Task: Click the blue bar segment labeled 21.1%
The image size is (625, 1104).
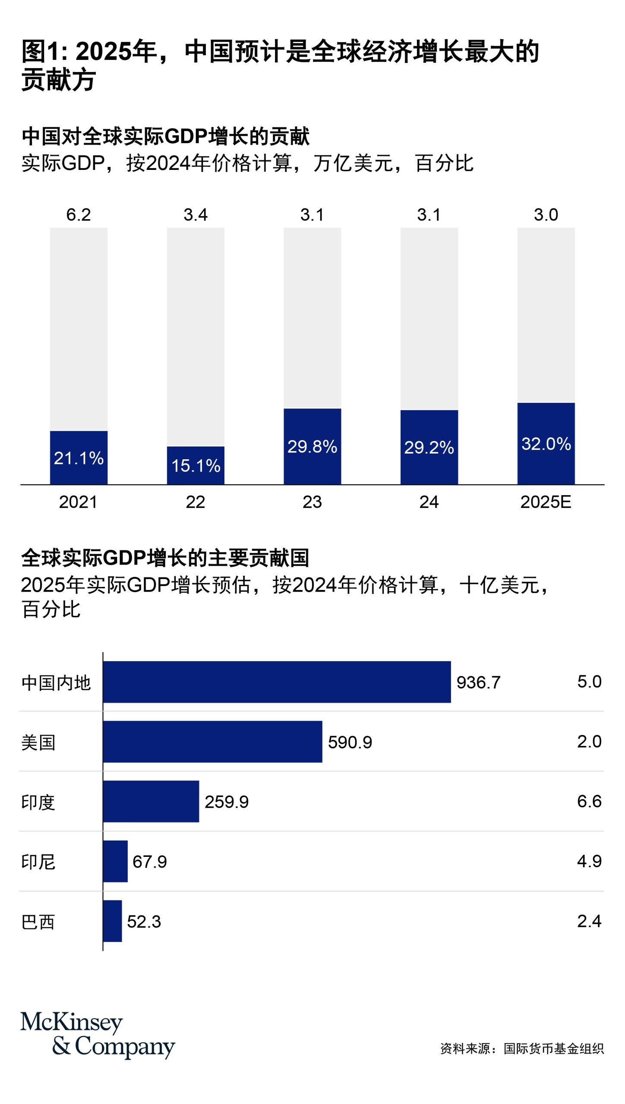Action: pyautogui.click(x=79, y=457)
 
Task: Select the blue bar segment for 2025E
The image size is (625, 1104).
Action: pyautogui.click(x=546, y=443)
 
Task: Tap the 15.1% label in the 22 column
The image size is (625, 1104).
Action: pyautogui.click(x=196, y=466)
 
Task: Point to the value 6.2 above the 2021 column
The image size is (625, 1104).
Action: pyautogui.click(x=79, y=215)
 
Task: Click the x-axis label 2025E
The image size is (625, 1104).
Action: pyautogui.click(x=546, y=502)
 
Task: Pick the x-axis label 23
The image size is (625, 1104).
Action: pyautogui.click(x=312, y=502)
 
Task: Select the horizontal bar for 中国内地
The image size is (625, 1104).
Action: pyautogui.click(x=277, y=682)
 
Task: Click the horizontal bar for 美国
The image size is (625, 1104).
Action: pyautogui.click(x=212, y=742)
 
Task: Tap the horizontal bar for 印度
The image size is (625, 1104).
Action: pyautogui.click(x=151, y=801)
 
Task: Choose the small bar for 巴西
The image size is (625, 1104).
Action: pyautogui.click(x=112, y=921)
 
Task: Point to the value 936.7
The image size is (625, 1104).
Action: pyautogui.click(x=478, y=682)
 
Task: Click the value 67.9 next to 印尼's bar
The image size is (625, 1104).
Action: pyautogui.click(x=149, y=862)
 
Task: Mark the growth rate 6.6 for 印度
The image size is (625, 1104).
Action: pyautogui.click(x=589, y=801)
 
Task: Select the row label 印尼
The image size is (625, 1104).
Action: pyautogui.click(x=38, y=862)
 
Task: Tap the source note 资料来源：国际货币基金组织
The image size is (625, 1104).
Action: pyautogui.click(x=522, y=1048)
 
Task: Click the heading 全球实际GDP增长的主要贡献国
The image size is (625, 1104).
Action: pyautogui.click(x=165, y=558)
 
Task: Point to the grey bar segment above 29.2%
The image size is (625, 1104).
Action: pyautogui.click(x=429, y=318)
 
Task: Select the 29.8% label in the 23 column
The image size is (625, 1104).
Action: pyautogui.click(x=312, y=447)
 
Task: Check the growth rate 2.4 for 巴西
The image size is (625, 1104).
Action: pyautogui.click(x=589, y=921)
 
